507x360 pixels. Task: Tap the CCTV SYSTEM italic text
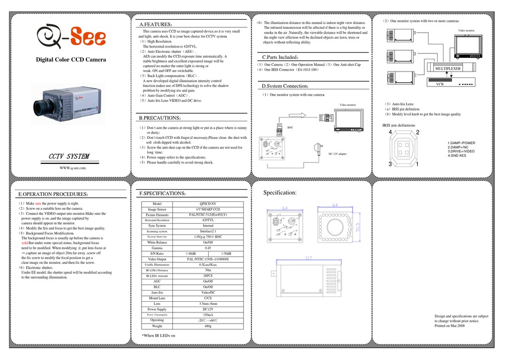click(x=66, y=155)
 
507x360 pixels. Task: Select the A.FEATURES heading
click(x=155, y=25)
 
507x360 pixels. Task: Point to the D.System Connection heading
click(x=285, y=85)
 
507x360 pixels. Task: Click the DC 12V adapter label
click(x=334, y=153)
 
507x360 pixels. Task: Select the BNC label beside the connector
click(x=290, y=128)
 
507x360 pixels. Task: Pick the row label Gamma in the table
click(x=156, y=247)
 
